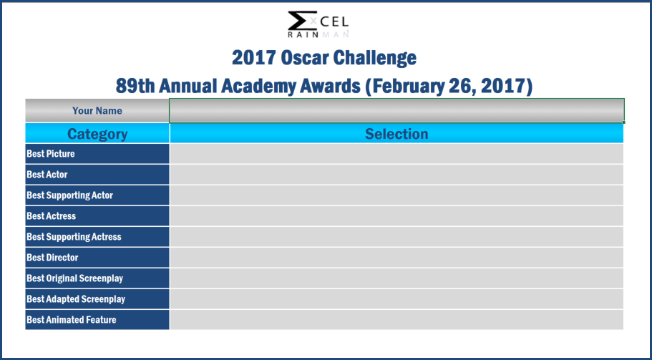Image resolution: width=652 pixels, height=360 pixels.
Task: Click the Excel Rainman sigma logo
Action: tap(318, 24)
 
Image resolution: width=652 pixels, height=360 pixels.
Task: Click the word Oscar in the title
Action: tap(306, 58)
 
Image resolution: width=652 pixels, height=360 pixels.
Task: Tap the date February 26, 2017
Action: tap(449, 87)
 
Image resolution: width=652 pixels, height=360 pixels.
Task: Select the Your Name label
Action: tap(97, 111)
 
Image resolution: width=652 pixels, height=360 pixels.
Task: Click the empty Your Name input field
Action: tap(396, 111)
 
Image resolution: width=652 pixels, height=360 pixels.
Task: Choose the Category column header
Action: tap(97, 134)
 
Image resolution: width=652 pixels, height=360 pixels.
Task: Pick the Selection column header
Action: tap(396, 134)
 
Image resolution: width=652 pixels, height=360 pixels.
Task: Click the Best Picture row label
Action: tap(51, 154)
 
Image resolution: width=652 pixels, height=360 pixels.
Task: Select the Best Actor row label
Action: tap(47, 175)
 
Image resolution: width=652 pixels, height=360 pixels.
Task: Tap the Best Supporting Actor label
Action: tap(70, 195)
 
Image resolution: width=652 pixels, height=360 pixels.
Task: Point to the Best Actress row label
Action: tap(51, 216)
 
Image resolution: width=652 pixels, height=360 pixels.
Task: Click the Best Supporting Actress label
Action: tap(74, 237)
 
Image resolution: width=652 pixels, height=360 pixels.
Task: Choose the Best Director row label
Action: tap(52, 258)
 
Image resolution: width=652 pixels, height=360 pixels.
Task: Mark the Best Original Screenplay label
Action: tap(75, 278)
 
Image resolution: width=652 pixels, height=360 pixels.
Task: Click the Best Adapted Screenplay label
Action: tap(76, 299)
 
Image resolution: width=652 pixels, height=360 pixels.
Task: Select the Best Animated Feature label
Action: tap(72, 320)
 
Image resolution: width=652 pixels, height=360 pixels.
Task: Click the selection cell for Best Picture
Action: tap(396, 154)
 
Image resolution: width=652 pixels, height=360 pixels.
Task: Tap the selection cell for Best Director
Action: tap(396, 258)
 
